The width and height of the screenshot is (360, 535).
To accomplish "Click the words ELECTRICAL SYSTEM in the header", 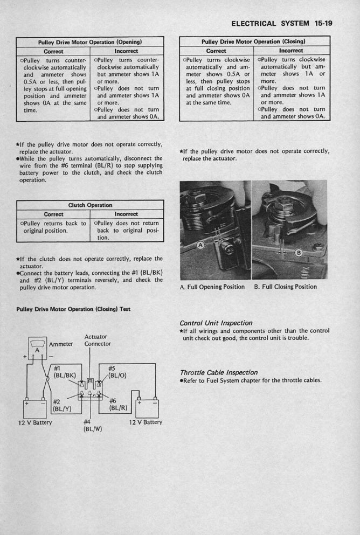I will tap(270, 24).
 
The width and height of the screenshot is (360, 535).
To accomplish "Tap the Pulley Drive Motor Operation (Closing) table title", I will tap(254, 41).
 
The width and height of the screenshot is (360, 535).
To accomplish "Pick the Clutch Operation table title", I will tap(90, 205).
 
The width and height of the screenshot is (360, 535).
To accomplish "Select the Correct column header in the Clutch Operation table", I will tap(53, 214).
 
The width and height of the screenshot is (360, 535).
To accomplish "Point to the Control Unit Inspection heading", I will tap(216, 323).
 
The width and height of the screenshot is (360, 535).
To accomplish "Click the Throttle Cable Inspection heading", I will tap(219, 372).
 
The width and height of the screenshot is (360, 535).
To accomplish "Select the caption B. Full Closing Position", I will tap(285, 287).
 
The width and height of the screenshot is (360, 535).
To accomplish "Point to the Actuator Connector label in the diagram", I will tap(97, 340).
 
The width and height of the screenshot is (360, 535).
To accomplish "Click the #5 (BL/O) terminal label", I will tap(115, 372).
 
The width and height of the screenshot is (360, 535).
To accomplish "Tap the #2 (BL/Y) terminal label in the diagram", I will tap(62, 405).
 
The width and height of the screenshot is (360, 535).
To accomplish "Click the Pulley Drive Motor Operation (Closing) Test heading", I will tap(75, 309).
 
